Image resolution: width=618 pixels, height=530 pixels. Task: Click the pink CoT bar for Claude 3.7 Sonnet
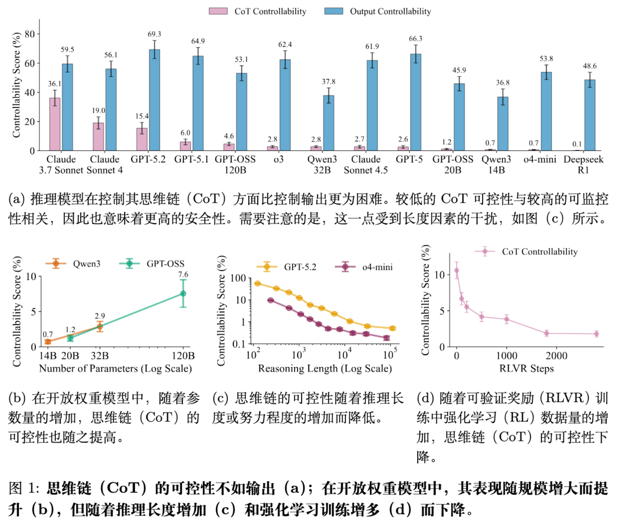click(x=55, y=124)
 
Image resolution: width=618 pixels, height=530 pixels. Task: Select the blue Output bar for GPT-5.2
click(x=154, y=100)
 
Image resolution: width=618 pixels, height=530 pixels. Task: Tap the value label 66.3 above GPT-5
click(x=415, y=39)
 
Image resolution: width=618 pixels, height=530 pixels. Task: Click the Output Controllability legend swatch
click(x=333, y=11)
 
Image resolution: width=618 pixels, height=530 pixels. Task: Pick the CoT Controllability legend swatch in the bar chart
click(x=218, y=11)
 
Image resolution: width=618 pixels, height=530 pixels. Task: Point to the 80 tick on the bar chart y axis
click(x=30, y=34)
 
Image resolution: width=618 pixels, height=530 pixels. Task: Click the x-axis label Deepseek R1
click(x=583, y=164)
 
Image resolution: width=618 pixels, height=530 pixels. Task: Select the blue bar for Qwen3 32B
click(x=329, y=123)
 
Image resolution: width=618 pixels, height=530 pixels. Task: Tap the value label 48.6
click(x=590, y=66)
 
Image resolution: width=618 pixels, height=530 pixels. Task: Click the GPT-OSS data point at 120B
click(x=183, y=293)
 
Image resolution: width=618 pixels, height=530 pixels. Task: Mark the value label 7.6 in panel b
click(x=183, y=275)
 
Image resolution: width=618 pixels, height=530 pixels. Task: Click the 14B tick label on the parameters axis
click(x=48, y=356)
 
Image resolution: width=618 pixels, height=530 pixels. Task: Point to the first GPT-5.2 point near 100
click(x=257, y=283)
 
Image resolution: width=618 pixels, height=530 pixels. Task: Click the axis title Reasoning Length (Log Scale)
click(x=325, y=369)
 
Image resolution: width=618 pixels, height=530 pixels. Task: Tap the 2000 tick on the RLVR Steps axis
click(x=556, y=356)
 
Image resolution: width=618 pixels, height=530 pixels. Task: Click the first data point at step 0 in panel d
click(x=456, y=270)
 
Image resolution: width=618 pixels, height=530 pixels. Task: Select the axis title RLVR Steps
click(x=526, y=369)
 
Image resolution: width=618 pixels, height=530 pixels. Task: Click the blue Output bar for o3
click(x=285, y=105)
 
